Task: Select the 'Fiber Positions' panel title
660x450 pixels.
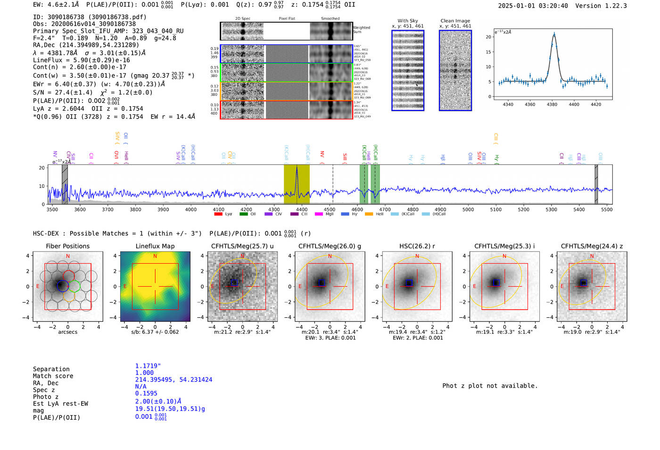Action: [67, 246]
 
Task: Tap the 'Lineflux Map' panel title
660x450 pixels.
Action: [155, 246]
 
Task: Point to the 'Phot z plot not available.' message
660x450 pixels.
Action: [490, 386]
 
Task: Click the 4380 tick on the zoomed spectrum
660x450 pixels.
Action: [552, 104]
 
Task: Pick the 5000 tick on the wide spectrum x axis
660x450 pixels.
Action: [468, 209]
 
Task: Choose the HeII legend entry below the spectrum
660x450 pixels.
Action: [379, 214]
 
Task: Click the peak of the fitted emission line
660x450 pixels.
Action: [554, 34]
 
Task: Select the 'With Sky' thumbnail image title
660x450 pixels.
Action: [407, 21]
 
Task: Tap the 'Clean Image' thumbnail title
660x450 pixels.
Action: [455, 21]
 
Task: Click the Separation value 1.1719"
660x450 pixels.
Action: [148, 366]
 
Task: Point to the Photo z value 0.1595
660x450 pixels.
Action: [146, 393]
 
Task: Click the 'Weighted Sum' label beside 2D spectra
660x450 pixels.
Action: [362, 30]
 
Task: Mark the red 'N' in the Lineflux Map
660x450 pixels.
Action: [155, 256]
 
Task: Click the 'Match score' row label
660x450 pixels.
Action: [53, 376]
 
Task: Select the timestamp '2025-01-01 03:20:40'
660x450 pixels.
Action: [533, 6]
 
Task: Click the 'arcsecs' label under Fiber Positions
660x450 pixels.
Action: [67, 332]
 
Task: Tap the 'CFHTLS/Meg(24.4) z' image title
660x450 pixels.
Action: [592, 246]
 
